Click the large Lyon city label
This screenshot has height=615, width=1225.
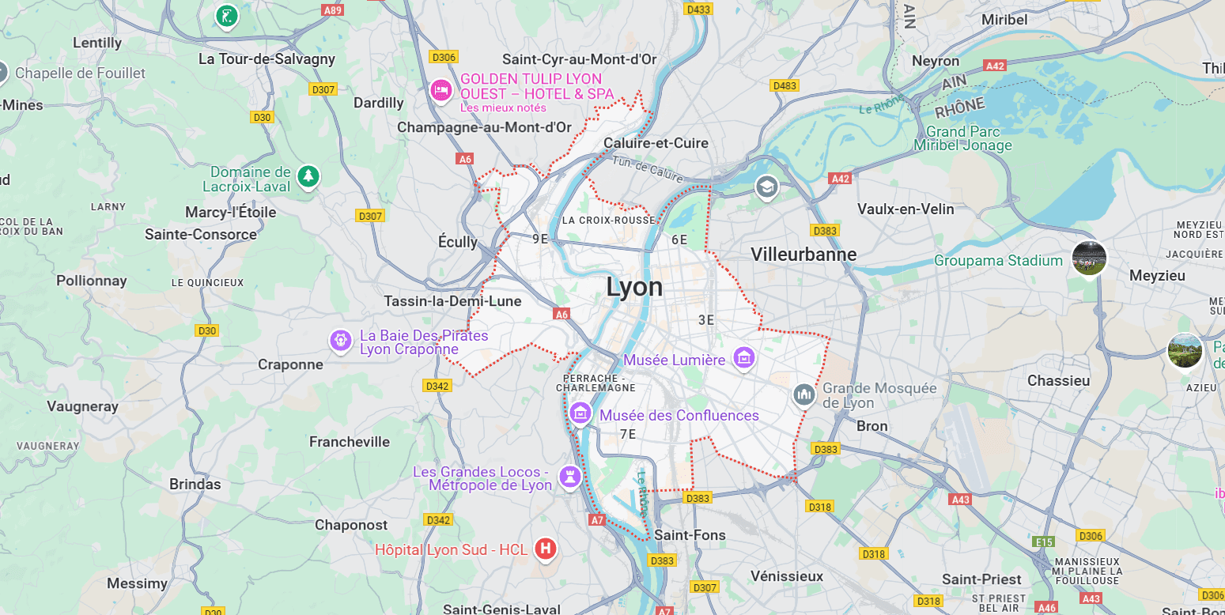pyautogui.click(x=634, y=288)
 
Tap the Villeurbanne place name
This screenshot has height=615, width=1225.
pyautogui.click(x=803, y=255)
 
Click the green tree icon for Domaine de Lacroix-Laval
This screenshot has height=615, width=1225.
pyautogui.click(x=308, y=176)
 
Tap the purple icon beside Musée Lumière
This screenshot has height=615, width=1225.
pyautogui.click(x=743, y=358)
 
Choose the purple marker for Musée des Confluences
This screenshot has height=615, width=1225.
pyautogui.click(x=580, y=413)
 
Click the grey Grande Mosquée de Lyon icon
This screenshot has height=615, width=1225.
pyautogui.click(x=804, y=394)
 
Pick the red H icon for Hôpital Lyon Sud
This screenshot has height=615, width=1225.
pyautogui.click(x=546, y=549)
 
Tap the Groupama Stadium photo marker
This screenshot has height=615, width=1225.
pyautogui.click(x=1089, y=258)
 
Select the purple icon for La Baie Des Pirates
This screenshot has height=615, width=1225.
pyautogui.click(x=341, y=341)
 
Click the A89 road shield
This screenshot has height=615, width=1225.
pyautogui.click(x=333, y=10)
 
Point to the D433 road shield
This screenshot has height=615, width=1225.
pyautogui.click(x=698, y=9)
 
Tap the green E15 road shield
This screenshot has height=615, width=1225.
pyautogui.click(x=1044, y=541)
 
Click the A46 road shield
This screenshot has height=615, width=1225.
pyautogui.click(x=1046, y=607)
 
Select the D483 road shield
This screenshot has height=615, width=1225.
pyautogui.click(x=785, y=85)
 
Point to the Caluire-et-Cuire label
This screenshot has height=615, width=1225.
pyautogui.click(x=656, y=143)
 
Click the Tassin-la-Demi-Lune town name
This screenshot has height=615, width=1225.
pyautogui.click(x=452, y=301)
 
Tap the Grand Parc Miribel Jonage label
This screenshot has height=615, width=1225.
pyautogui.click(x=962, y=138)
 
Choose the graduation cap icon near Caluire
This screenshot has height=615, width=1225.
pyautogui.click(x=766, y=188)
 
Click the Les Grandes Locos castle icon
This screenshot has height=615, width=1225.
pyautogui.click(x=569, y=476)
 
